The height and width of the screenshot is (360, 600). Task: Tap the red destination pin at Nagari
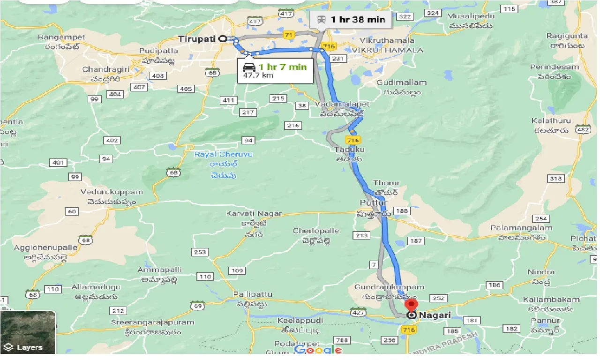[412, 305]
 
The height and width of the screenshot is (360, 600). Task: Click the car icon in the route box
[249, 67]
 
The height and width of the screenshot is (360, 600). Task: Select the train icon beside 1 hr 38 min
[322, 19]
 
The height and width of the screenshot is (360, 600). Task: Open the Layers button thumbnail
[28, 332]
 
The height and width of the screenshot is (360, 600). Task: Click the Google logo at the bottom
[318, 350]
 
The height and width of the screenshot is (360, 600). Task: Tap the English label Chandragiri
[102, 69]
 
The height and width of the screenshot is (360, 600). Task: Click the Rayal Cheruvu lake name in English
[217, 154]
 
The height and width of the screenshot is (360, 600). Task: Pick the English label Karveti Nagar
[254, 214]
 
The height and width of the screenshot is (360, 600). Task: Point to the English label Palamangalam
[521, 228]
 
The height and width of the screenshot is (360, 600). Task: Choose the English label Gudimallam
[402, 82]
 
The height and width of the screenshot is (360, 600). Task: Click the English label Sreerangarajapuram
[152, 322]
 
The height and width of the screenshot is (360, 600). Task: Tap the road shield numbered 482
[583, 130]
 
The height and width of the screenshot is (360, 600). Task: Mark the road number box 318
[555, 179]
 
